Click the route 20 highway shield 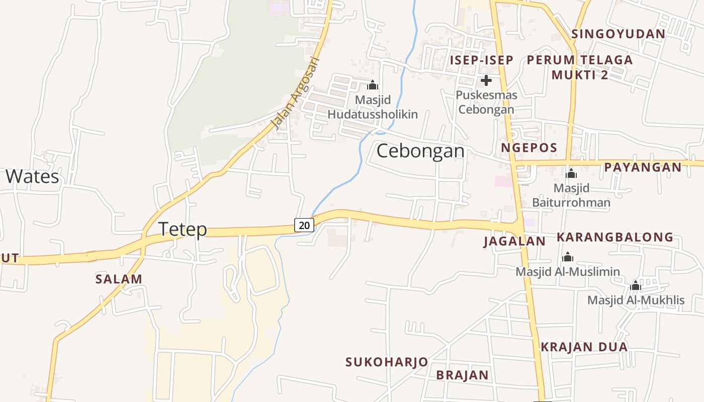coord(304,225)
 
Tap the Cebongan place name coord(420,151)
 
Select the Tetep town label coord(183,229)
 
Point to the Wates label coord(32,176)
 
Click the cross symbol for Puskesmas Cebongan coord(486,80)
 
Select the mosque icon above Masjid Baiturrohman coord(571,174)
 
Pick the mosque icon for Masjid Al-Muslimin coord(568,257)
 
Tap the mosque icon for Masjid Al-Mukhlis coord(636,286)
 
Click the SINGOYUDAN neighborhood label coord(618,34)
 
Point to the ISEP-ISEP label coord(481,60)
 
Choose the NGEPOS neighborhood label coord(529,148)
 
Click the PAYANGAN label coord(643,167)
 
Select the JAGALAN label coord(514,241)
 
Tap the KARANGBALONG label coord(614,237)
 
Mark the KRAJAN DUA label coord(584,347)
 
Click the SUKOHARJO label coord(386,362)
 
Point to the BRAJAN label coord(462,375)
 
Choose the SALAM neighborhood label coord(119,279)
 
